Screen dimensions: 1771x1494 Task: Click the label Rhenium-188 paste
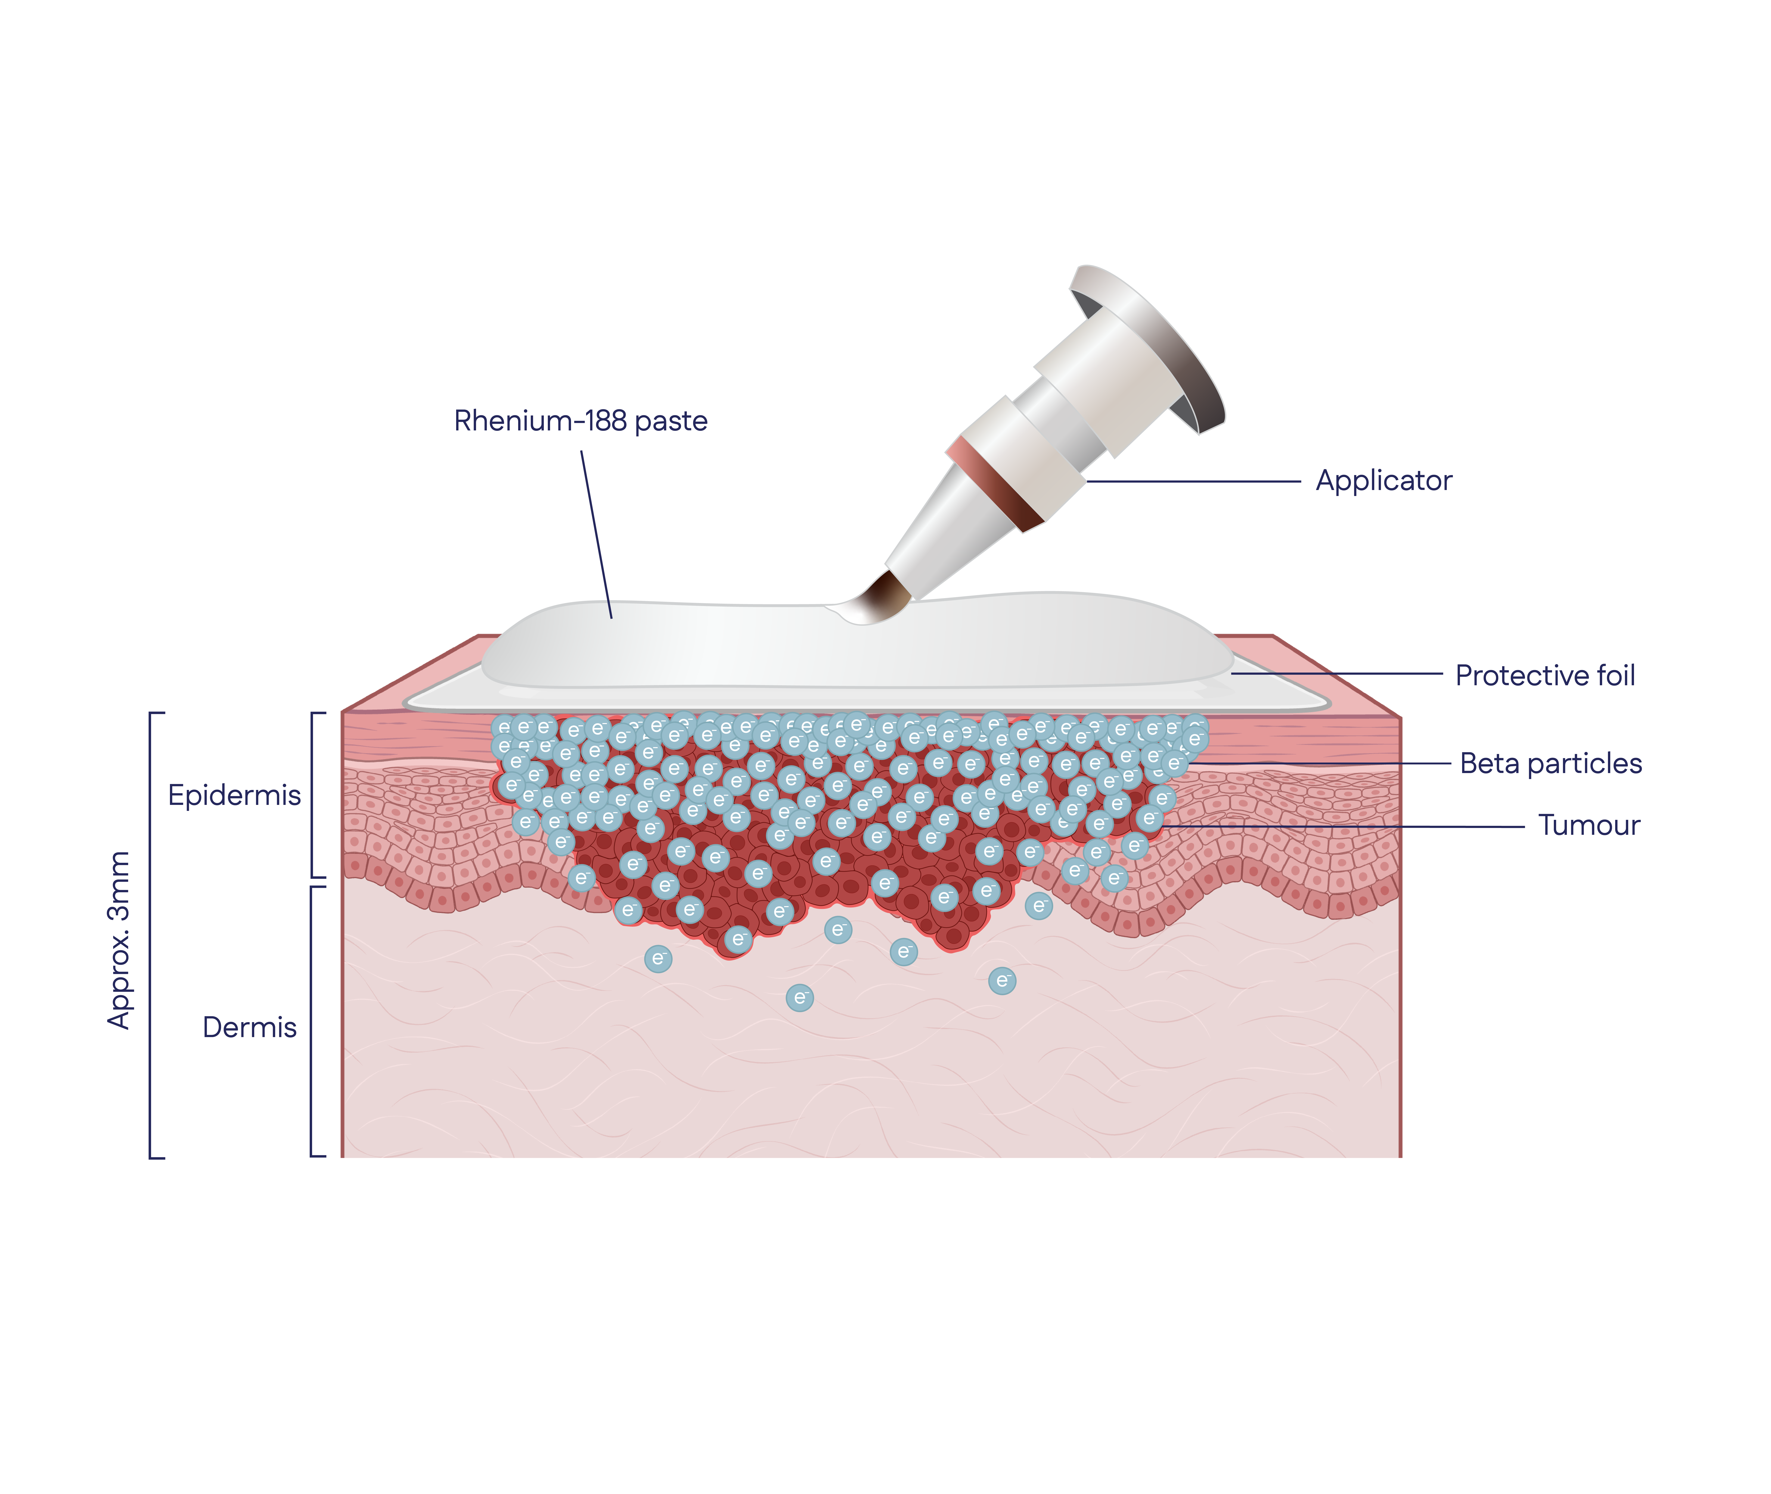(x=580, y=421)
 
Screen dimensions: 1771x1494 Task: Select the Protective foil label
(x=1545, y=675)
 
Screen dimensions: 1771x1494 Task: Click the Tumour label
(x=1589, y=825)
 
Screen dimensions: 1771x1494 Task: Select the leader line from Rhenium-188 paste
(x=597, y=534)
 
